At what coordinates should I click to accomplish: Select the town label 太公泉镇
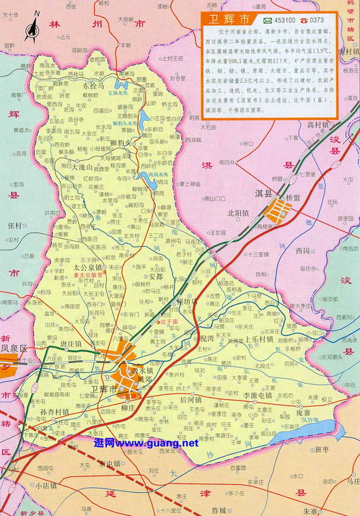point(89,267)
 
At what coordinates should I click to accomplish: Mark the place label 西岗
point(304,250)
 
